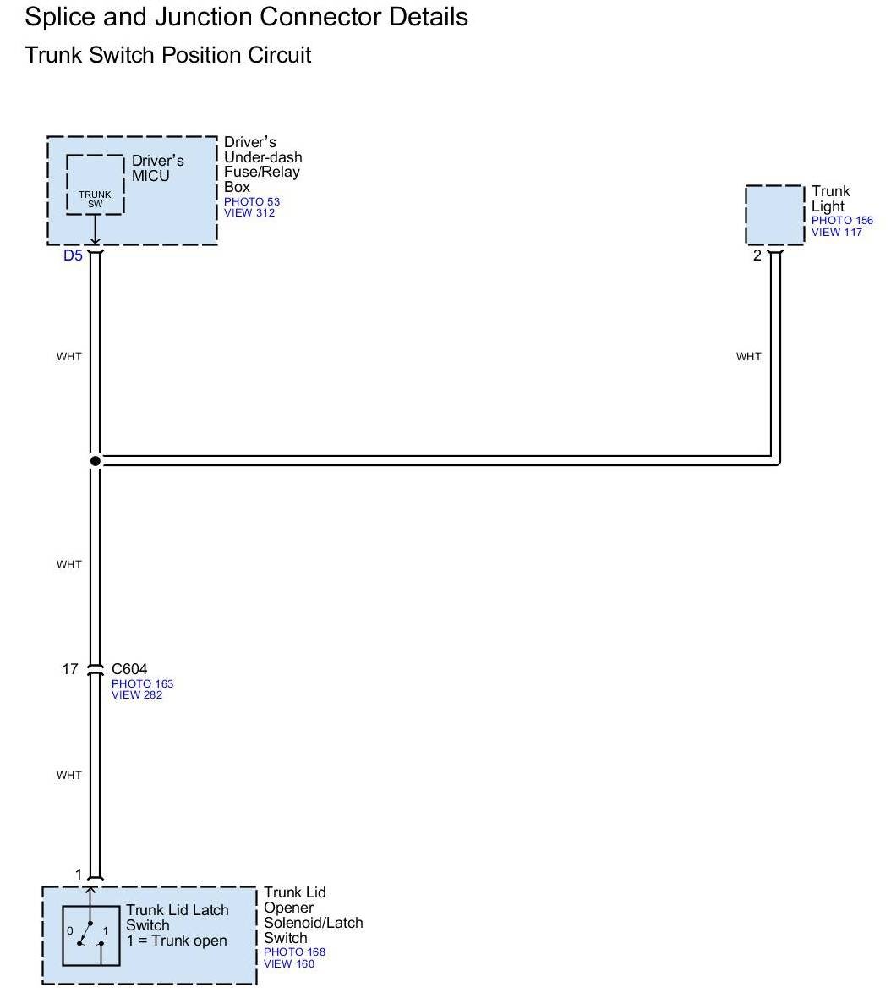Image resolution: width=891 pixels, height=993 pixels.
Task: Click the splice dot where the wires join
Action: [x=96, y=461]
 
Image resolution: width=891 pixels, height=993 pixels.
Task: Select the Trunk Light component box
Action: [x=774, y=216]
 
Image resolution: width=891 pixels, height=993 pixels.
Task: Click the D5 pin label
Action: [x=74, y=255]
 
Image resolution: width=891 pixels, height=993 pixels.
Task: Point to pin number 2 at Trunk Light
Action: [x=757, y=255]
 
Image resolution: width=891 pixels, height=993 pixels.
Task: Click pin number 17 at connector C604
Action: [x=69, y=669]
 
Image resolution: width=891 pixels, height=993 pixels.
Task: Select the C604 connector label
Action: [x=129, y=669]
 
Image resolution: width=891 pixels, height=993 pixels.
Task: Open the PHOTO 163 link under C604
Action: [x=142, y=683]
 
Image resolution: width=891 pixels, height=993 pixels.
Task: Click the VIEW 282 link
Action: [x=136, y=695]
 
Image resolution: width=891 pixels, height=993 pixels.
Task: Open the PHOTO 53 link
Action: [x=251, y=202]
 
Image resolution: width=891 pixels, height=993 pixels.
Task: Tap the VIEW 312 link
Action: [x=249, y=213]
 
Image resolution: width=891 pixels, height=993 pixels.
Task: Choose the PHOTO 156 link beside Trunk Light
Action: [x=842, y=221]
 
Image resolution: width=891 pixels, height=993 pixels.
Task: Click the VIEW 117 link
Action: [x=836, y=233]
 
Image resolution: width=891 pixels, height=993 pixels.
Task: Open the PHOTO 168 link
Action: [x=294, y=952]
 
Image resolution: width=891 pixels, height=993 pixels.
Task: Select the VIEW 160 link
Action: [x=289, y=963]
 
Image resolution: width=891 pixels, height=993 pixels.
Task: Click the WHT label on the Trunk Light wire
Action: [x=748, y=356]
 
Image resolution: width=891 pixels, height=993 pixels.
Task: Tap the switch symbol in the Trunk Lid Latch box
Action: [x=90, y=934]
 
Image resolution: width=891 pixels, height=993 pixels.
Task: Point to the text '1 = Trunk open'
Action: [x=176, y=941]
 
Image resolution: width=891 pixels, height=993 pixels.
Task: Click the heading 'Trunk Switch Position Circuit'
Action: [x=168, y=56]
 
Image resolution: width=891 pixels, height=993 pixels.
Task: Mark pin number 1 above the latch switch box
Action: [x=79, y=875]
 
